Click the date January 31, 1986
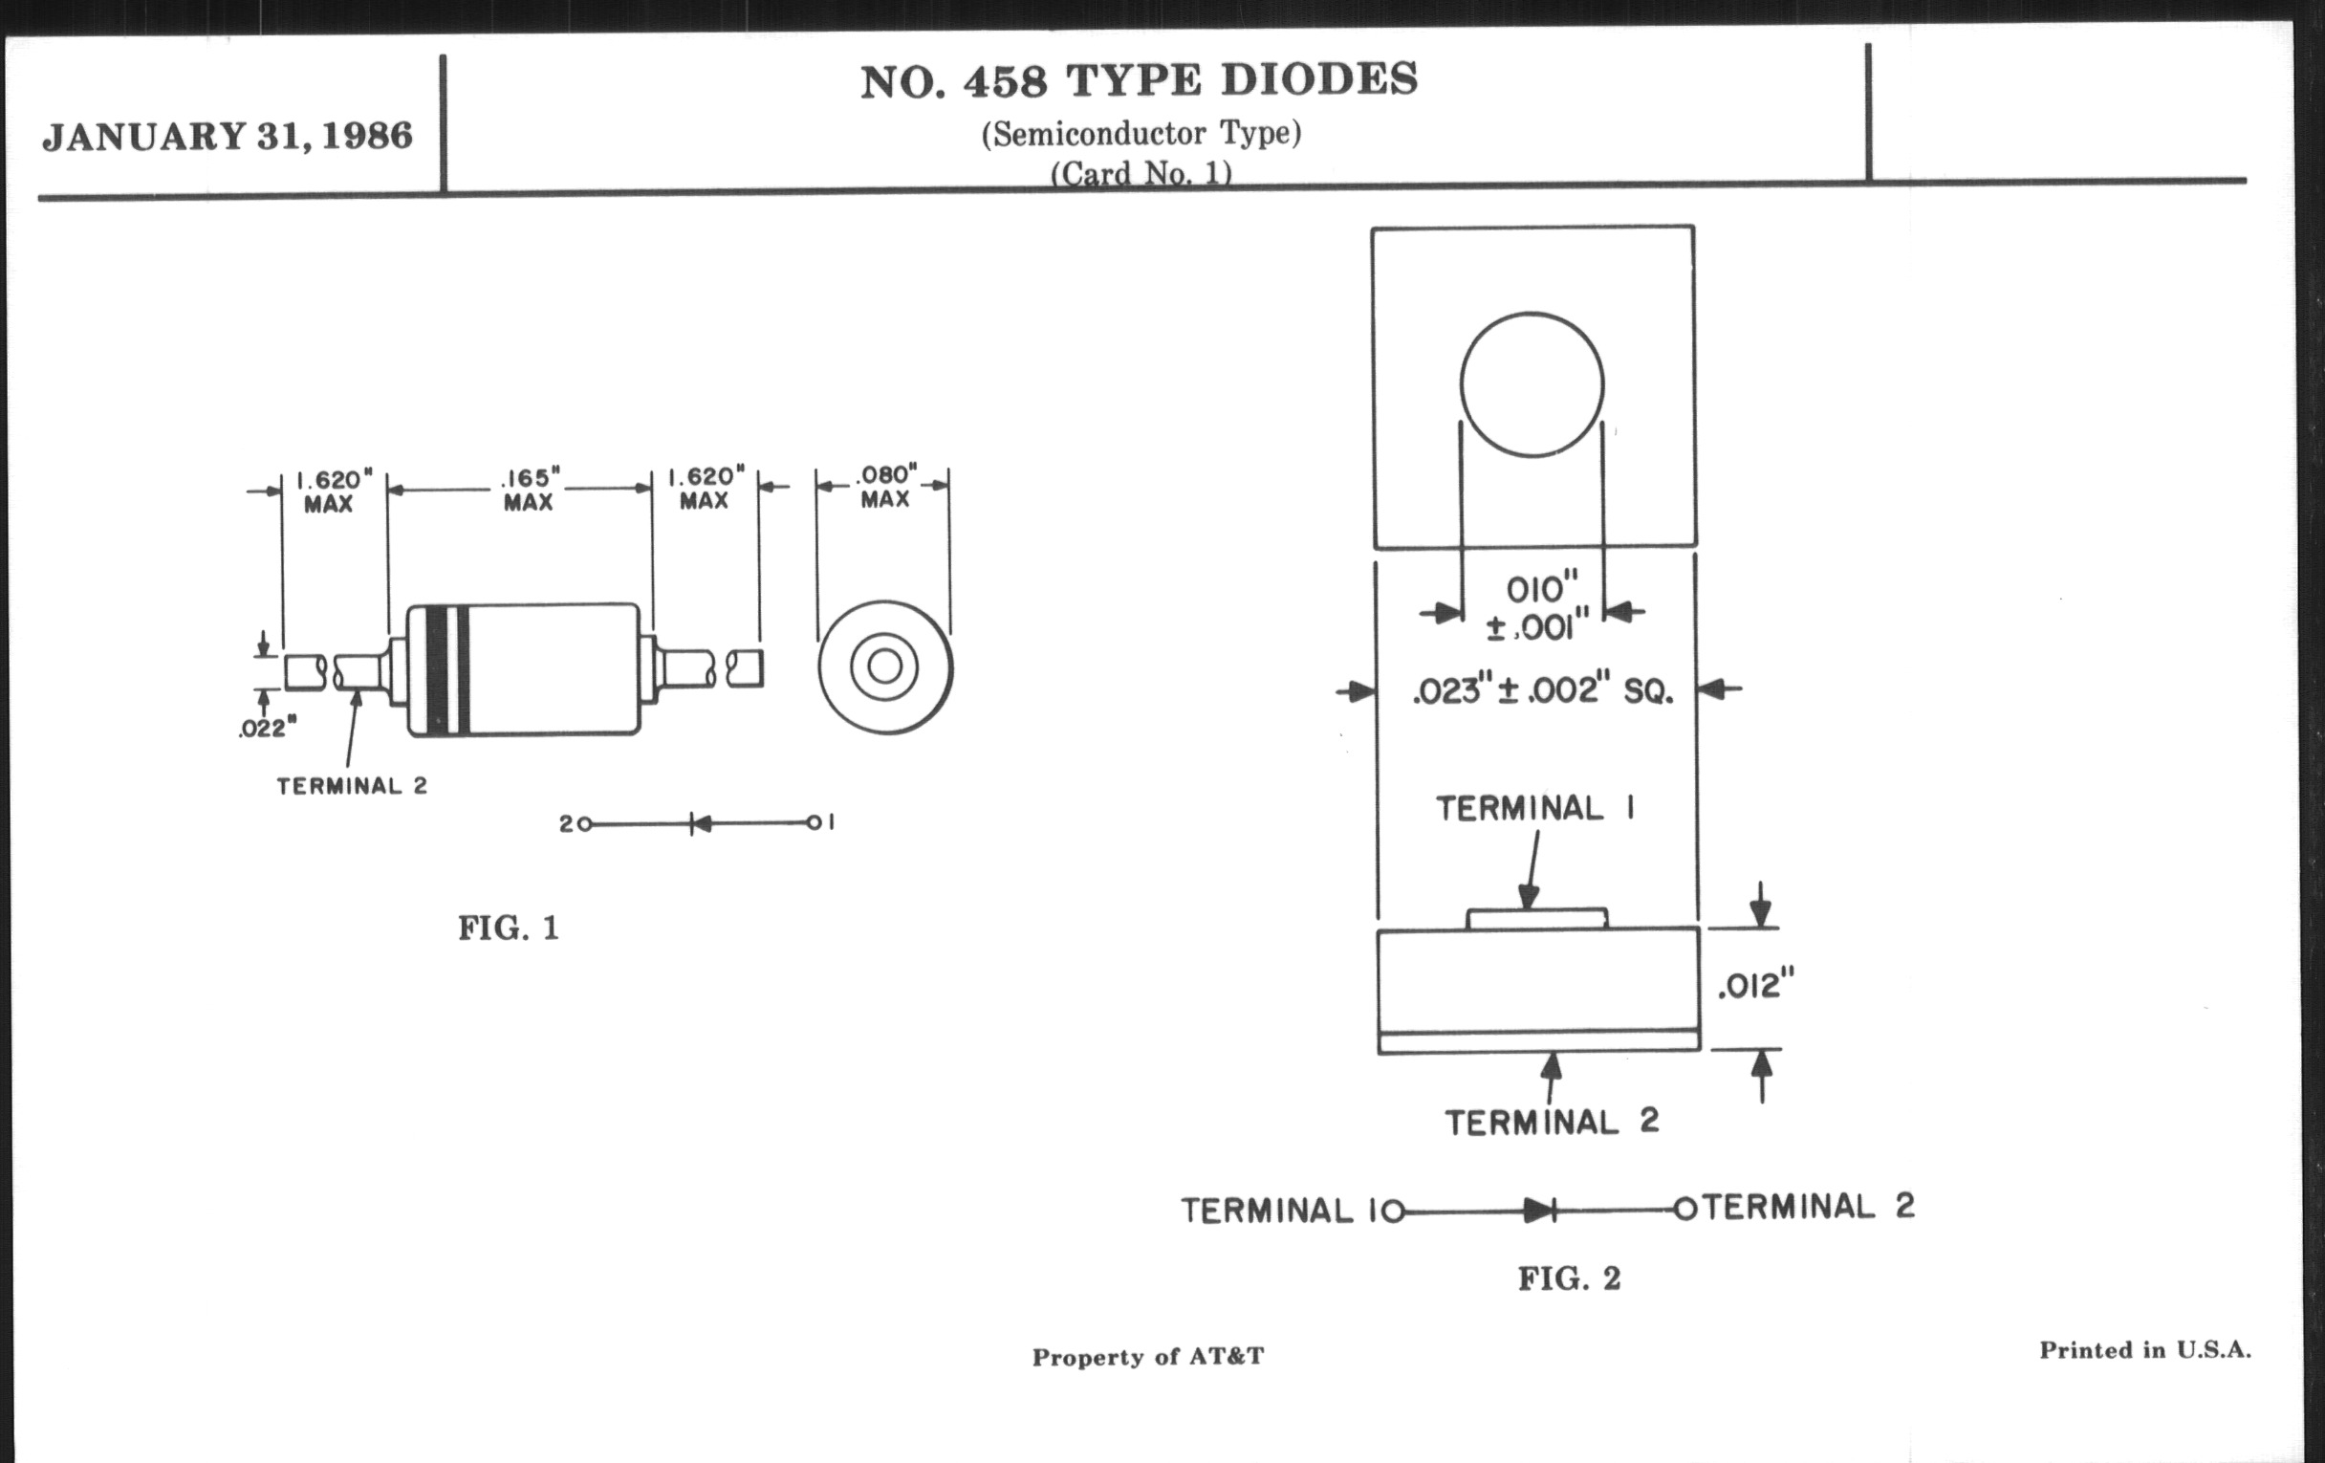228,136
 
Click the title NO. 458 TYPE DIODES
1140,81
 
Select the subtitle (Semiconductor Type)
1141,133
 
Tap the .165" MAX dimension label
528,490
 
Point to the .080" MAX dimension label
885,487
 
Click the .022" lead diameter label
268,728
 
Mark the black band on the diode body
438,669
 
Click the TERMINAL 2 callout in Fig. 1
352,786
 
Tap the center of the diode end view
885,666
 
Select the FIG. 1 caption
509,928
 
